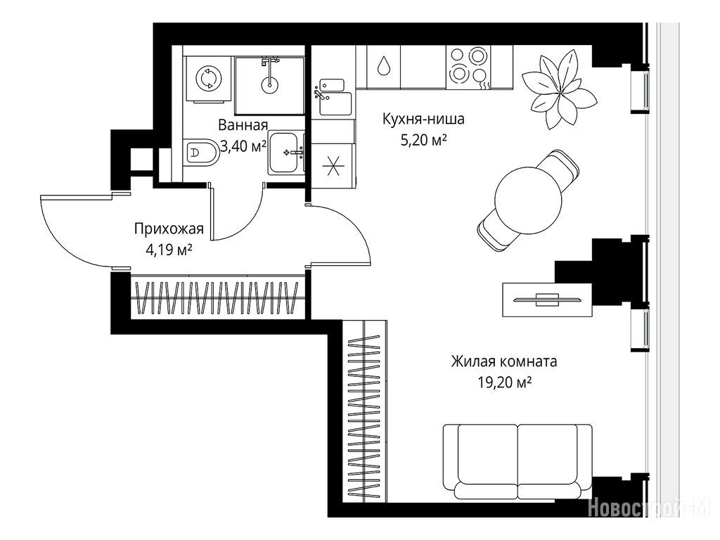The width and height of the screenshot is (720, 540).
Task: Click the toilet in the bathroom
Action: (x=202, y=153)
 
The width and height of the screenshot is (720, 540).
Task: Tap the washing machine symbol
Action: (x=208, y=78)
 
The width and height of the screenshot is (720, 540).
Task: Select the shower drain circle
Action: (x=269, y=84)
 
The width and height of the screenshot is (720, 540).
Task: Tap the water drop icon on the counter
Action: (x=383, y=66)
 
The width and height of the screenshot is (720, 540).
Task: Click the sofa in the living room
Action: (x=517, y=463)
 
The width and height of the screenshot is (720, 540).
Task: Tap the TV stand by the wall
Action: (x=547, y=300)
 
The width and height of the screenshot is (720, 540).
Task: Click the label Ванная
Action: (x=243, y=125)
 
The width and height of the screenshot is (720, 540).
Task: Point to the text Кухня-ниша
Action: (x=423, y=119)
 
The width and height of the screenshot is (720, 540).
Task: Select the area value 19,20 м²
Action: (x=505, y=382)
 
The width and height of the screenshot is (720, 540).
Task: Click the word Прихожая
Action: (x=169, y=229)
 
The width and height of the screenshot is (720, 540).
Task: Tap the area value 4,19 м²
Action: (x=169, y=251)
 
